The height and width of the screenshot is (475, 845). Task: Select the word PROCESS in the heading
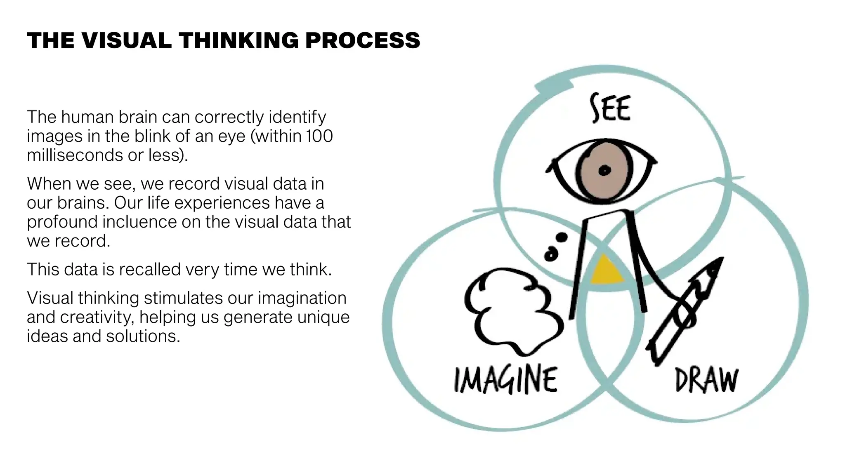pos(363,40)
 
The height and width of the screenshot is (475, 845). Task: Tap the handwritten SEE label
pos(610,108)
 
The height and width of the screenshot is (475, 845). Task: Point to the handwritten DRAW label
pos(706,380)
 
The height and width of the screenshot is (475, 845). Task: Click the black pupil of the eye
pos(604,170)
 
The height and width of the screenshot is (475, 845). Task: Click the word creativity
pos(97,317)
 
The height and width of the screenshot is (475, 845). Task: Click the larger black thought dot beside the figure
pos(562,237)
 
